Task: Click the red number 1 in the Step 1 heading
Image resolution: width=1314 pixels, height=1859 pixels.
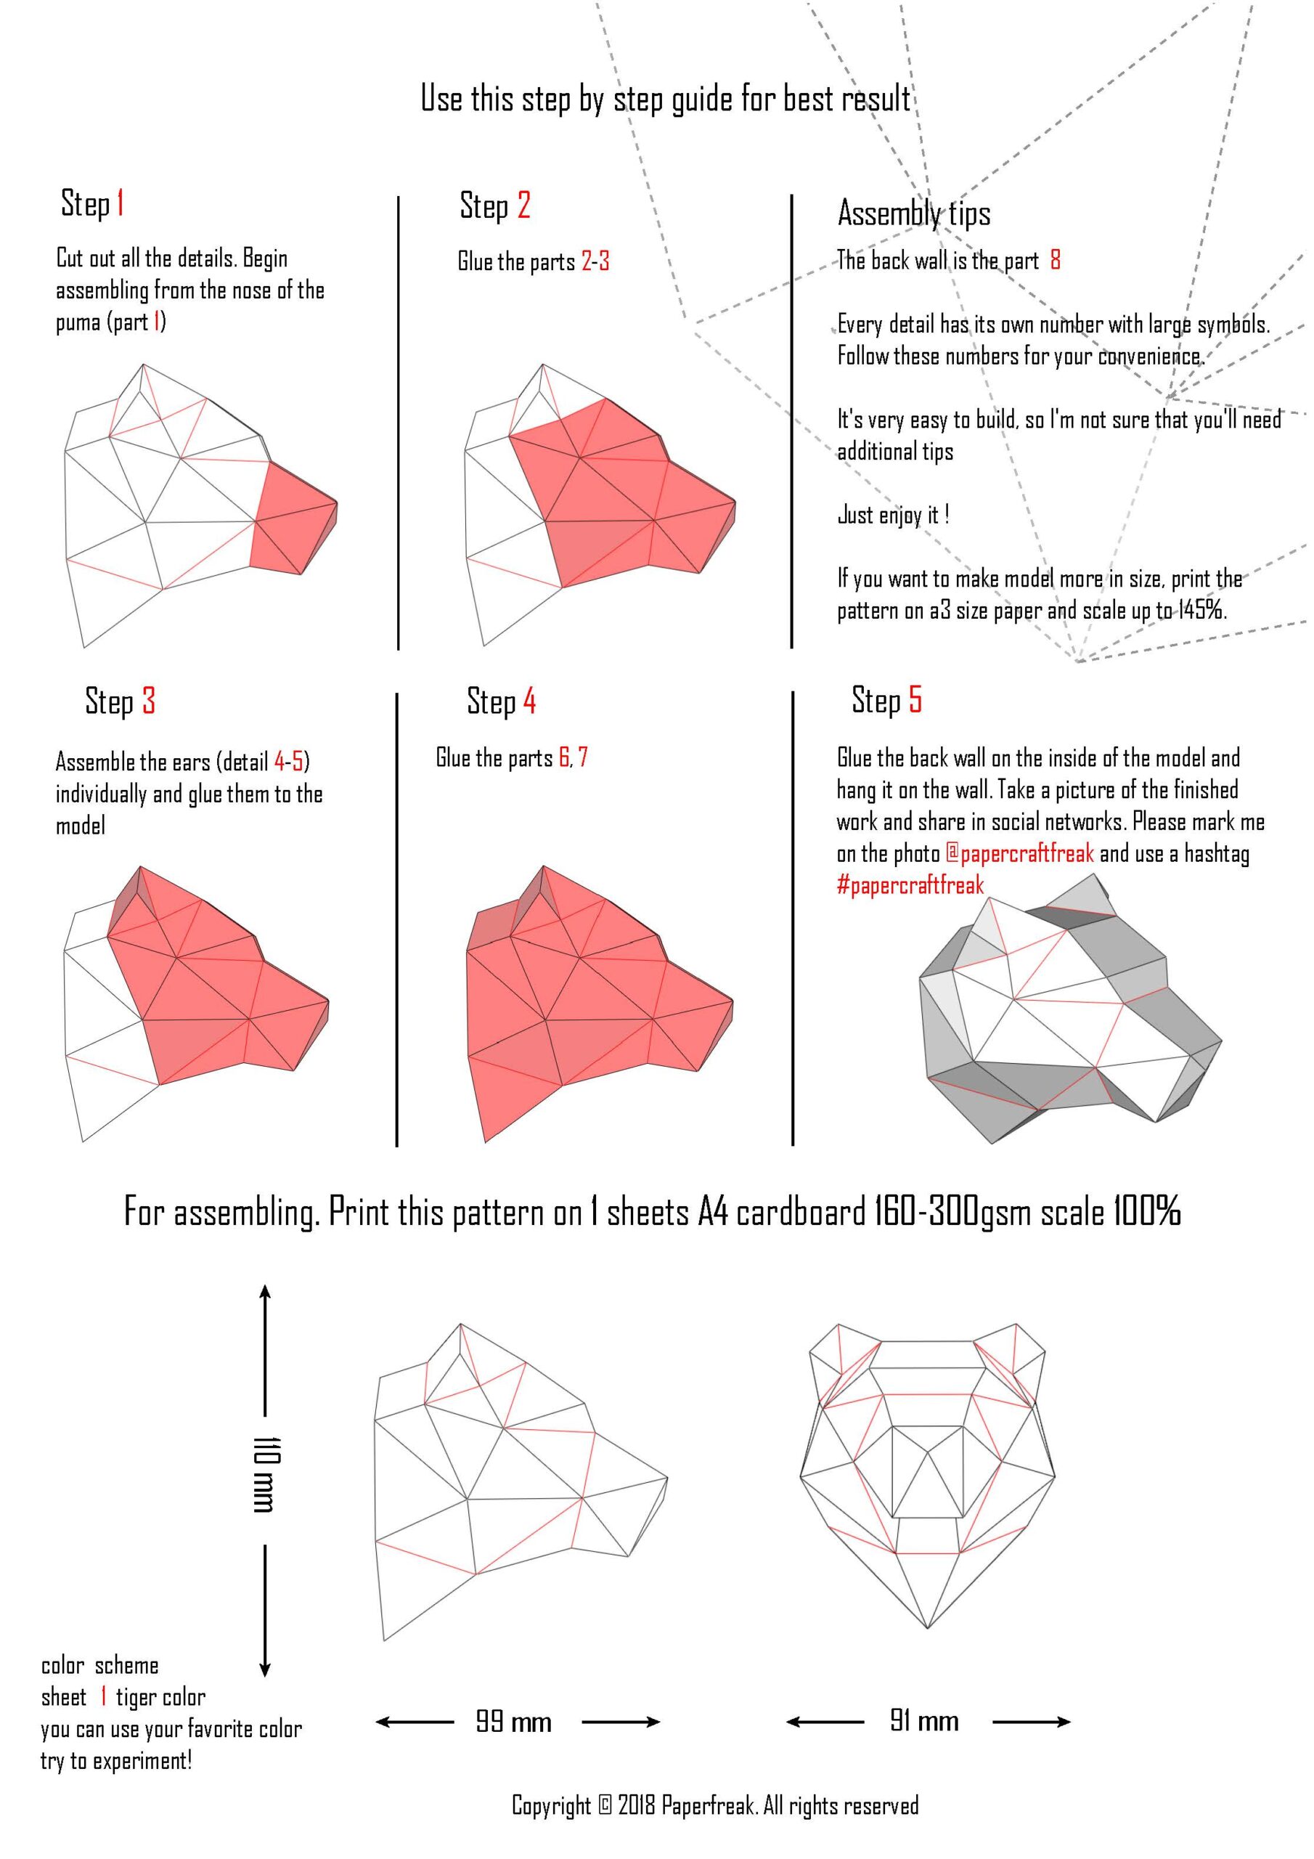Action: (x=120, y=203)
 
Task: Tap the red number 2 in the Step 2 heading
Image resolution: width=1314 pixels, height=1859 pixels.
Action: (x=524, y=205)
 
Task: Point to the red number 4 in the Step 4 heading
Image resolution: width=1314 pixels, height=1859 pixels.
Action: (x=529, y=700)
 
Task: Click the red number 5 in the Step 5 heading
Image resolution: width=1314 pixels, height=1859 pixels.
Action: (x=915, y=699)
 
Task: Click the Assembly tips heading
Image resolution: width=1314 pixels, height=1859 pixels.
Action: (x=914, y=213)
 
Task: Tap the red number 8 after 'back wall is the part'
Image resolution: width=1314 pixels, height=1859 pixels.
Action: (x=1055, y=260)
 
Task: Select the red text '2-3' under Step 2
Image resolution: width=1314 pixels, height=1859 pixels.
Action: (x=595, y=261)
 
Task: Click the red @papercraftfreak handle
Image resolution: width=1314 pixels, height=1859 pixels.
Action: (x=1019, y=853)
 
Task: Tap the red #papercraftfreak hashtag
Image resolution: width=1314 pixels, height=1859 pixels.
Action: (x=910, y=885)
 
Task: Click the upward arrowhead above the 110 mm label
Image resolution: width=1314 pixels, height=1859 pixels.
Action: (x=265, y=1293)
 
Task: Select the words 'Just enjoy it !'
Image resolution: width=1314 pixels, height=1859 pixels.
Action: (x=893, y=514)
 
